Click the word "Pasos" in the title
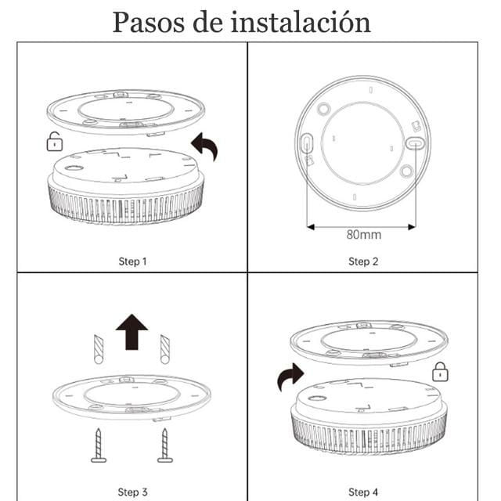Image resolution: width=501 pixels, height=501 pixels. coord(149,23)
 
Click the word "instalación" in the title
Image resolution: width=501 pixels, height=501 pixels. coord(301,22)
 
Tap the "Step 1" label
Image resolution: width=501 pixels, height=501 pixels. coord(132,261)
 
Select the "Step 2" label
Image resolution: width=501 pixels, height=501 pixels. coord(363,261)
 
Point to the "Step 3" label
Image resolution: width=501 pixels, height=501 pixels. coord(132,492)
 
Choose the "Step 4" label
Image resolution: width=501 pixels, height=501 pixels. coord(363,492)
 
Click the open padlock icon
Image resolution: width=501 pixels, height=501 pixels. coord(55,142)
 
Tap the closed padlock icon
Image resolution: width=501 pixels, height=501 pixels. coord(440,372)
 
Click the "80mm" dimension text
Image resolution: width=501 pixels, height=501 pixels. coord(364,235)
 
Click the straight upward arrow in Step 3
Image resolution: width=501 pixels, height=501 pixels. coord(132,332)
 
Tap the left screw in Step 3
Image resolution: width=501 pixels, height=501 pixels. coord(99,445)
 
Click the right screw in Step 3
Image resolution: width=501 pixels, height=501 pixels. coord(165,445)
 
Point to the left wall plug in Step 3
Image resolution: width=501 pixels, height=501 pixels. coord(99,349)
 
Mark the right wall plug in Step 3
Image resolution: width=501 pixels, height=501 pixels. coord(165,349)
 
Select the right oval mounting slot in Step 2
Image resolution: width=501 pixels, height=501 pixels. coord(416,142)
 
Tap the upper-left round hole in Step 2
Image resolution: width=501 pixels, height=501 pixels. coord(323,109)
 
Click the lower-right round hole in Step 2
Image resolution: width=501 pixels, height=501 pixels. coord(406,171)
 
